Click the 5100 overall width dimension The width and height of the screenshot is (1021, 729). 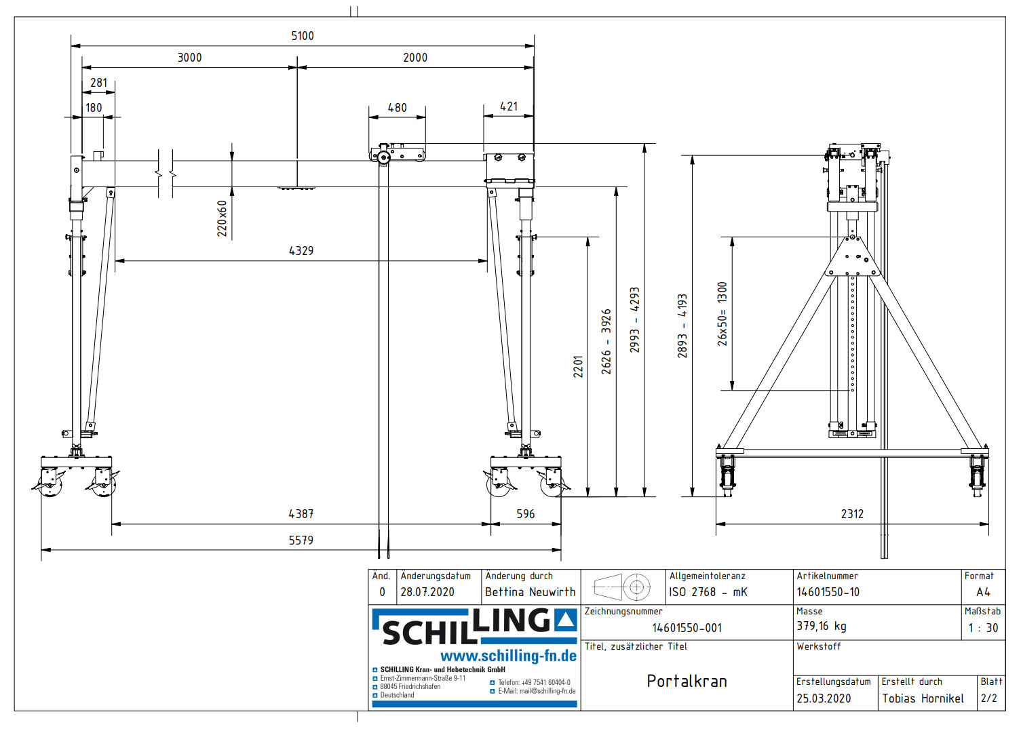pyautogui.click(x=302, y=36)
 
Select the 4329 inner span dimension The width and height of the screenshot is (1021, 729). pyautogui.click(x=301, y=251)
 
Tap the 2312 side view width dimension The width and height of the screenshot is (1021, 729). pyautogui.click(x=852, y=514)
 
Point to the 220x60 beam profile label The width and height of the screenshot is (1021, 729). pyautogui.click(x=222, y=218)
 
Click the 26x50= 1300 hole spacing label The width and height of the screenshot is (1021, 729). pyautogui.click(x=723, y=314)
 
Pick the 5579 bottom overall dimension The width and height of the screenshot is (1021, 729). pyautogui.click(x=301, y=540)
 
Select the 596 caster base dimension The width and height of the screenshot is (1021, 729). pyautogui.click(x=525, y=514)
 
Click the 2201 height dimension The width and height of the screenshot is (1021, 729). pyautogui.click(x=578, y=367)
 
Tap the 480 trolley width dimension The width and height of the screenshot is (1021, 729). pyautogui.click(x=397, y=108)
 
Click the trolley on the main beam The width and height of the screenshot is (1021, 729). pyautogui.click(x=397, y=153)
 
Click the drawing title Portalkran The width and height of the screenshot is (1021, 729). pyautogui.click(x=687, y=682)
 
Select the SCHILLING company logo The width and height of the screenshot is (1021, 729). pyautogui.click(x=474, y=627)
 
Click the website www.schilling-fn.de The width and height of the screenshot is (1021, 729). pyautogui.click(x=508, y=656)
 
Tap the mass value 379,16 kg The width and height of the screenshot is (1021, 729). pyautogui.click(x=821, y=627)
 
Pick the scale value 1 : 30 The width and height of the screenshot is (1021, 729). pyautogui.click(x=983, y=628)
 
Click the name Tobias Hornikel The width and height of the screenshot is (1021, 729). pyautogui.click(x=923, y=698)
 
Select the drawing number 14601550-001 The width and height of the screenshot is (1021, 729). pyautogui.click(x=687, y=628)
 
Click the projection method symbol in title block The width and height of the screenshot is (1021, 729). pyautogui.click(x=622, y=587)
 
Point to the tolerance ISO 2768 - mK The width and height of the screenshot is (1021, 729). pyautogui.click(x=708, y=592)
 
